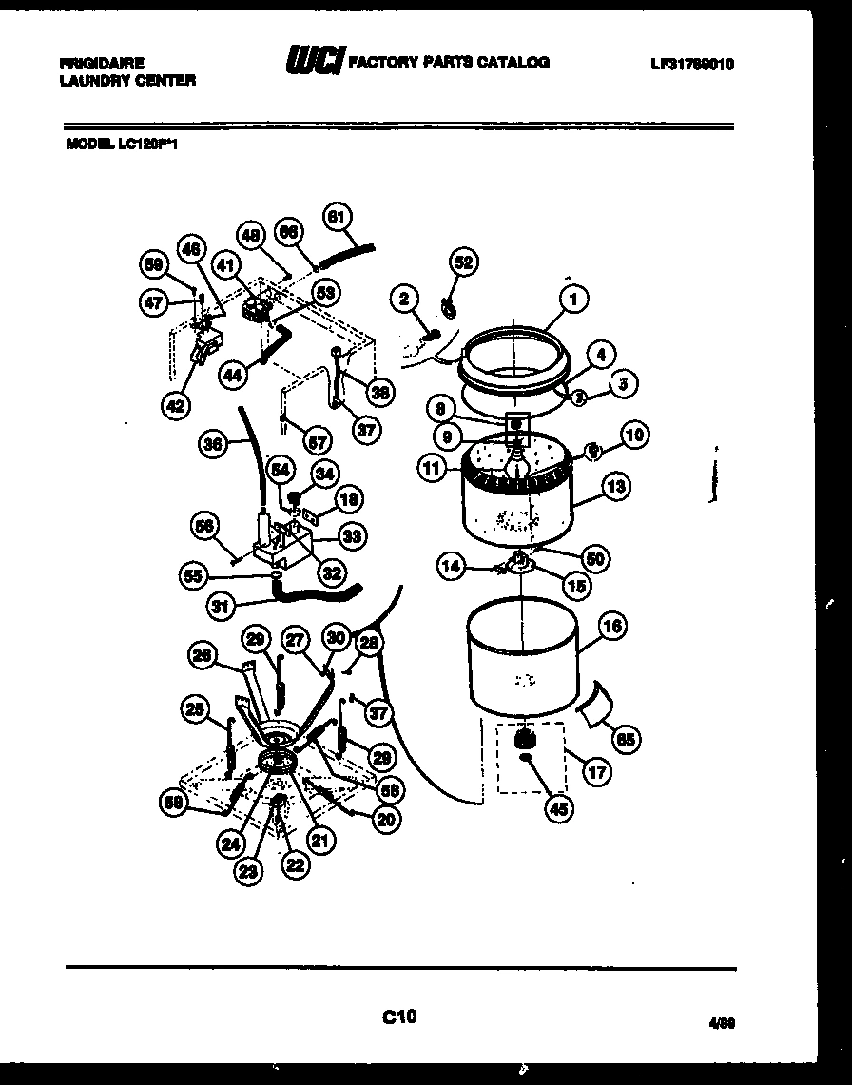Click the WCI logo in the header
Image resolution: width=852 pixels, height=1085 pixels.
pos(316,62)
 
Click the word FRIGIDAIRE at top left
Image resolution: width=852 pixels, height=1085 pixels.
pos(102,63)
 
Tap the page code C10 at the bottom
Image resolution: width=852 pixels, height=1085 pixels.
pos(399,1017)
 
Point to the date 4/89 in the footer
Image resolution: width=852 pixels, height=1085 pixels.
pos(721,1023)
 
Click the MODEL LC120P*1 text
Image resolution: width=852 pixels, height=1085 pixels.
pos(123,145)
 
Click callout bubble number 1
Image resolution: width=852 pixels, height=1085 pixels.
pos(573,299)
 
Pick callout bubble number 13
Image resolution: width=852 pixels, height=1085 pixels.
pos(615,488)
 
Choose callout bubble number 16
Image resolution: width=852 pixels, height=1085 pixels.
pos(612,625)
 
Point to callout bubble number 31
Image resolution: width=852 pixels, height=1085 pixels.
pos(221,605)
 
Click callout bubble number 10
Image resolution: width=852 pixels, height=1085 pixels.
pos(634,436)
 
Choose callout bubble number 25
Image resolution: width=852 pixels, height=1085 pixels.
pos(195,707)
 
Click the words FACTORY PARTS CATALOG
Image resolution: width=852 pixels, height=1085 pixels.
pos(449,63)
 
